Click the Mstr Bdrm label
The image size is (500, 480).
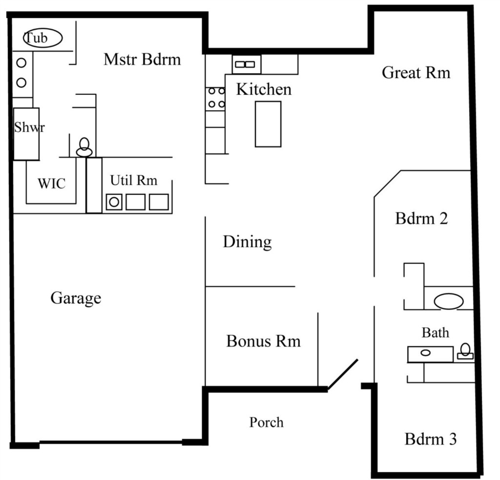(142, 59)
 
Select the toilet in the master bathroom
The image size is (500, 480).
(84, 147)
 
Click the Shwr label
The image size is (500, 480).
(29, 127)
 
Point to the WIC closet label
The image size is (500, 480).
(52, 184)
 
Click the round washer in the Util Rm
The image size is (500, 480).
(114, 202)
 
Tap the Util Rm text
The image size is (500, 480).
(134, 180)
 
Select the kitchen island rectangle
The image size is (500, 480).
(268, 124)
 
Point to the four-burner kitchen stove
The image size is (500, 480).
(215, 99)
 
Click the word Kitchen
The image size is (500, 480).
(264, 89)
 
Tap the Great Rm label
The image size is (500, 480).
(416, 73)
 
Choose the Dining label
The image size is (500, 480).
(248, 242)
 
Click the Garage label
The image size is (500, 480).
(76, 298)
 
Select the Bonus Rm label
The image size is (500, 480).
(263, 341)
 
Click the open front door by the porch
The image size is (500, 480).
(343, 374)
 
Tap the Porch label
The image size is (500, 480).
(266, 422)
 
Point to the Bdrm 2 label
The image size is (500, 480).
(421, 219)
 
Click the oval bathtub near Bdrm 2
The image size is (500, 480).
(448, 301)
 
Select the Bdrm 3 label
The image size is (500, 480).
(431, 439)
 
